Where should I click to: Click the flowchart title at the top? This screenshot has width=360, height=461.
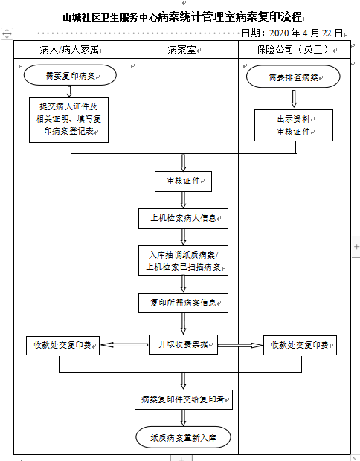182,17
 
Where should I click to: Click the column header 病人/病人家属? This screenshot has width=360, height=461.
69,49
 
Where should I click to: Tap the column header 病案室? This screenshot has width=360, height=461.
181,49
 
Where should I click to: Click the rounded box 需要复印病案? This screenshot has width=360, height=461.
70,75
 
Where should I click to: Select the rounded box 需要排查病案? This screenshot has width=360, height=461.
293,77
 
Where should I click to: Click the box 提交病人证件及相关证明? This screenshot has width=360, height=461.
69,120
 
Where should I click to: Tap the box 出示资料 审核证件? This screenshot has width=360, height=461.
294,125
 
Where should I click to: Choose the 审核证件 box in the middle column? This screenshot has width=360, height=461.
183,181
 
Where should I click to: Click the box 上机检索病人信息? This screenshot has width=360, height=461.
183,219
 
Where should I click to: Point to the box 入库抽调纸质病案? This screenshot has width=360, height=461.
183,260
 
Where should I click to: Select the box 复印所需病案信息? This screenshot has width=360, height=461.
183,303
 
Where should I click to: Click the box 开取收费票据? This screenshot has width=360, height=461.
183,344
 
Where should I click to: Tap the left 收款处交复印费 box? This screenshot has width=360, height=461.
62,346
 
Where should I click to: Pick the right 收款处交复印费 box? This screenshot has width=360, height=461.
300,346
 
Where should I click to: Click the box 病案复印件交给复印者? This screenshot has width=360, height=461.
184,399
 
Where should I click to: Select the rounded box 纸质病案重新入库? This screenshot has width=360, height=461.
183,437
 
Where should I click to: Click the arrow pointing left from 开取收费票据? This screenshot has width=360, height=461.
124,344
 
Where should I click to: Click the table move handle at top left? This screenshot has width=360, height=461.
7,33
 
